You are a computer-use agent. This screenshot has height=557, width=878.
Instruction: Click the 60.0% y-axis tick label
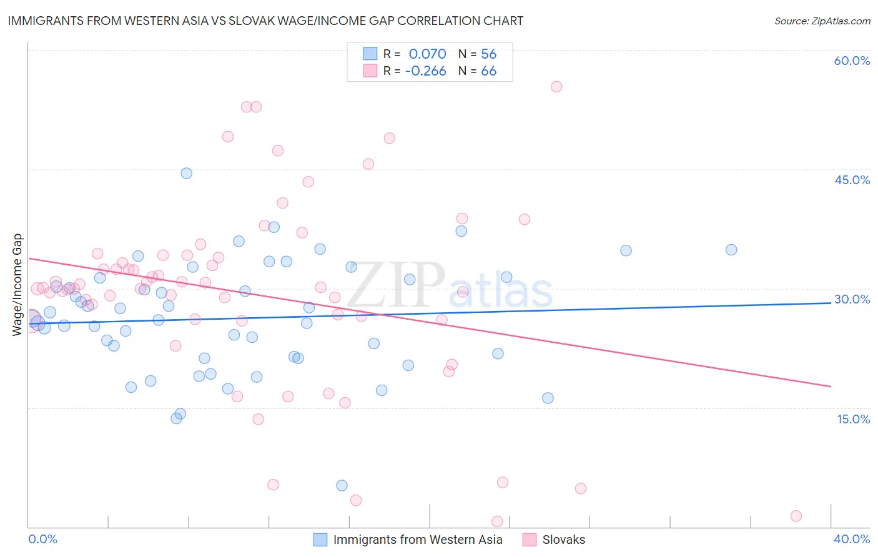852,61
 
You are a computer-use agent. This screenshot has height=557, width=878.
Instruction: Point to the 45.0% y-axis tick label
852,180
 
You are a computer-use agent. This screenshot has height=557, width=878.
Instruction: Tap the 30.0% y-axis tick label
852,299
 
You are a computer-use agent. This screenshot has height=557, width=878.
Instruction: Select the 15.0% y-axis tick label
853,418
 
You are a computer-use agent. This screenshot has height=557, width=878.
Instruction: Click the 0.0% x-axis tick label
42,539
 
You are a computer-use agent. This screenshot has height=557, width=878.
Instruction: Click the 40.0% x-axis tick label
852,539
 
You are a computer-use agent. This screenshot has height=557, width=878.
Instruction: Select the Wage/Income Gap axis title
17,285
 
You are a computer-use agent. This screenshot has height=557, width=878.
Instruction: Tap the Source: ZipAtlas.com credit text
822,21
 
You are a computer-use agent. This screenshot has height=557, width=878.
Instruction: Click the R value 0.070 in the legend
427,54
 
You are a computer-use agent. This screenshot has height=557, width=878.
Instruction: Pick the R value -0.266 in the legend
425,71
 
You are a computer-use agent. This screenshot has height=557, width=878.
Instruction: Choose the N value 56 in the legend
488,54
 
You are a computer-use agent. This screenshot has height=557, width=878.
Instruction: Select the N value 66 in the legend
488,71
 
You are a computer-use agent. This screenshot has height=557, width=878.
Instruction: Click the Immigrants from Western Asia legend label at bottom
417,540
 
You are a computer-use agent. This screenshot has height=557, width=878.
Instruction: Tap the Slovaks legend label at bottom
563,540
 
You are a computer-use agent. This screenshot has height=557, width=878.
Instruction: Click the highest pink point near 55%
556,87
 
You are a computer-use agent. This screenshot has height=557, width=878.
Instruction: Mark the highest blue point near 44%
186,173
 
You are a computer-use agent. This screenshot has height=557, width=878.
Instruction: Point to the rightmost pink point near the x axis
796,516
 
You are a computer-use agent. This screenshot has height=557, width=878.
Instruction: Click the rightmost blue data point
731,250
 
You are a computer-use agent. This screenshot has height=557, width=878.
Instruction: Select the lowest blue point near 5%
342,485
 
